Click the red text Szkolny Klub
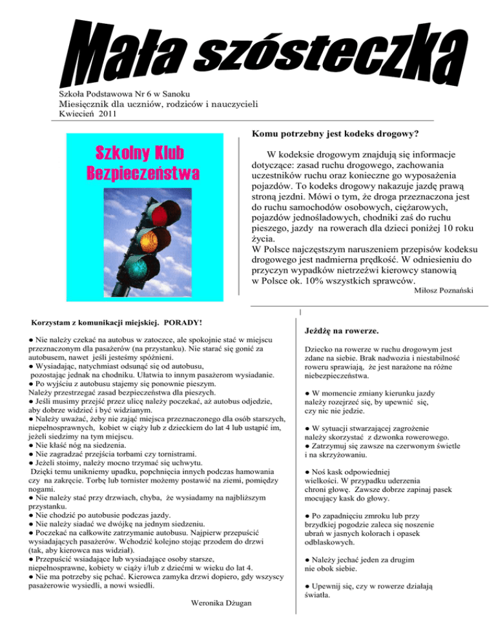tap(139, 154)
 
